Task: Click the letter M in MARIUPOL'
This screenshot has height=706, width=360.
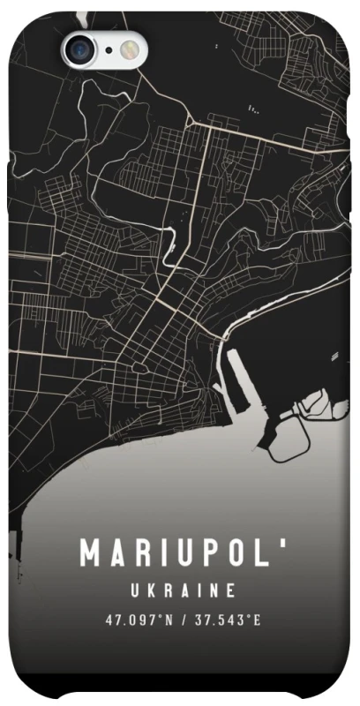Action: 93,552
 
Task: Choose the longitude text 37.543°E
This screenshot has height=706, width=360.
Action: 228,619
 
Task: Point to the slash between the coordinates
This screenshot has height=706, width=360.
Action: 183,619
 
